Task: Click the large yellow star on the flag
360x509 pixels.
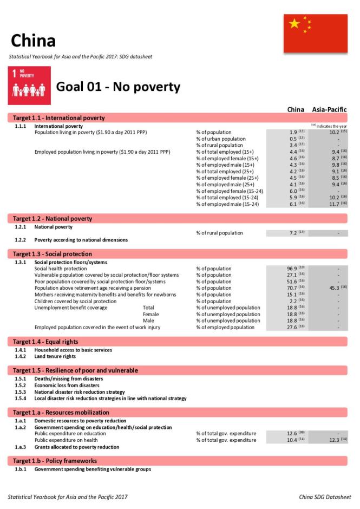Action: coord(294,24)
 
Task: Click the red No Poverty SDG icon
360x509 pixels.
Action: coord(29,86)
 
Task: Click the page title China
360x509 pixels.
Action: coord(33,41)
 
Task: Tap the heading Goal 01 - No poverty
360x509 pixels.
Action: coord(118,87)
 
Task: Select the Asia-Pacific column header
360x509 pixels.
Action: coord(329,109)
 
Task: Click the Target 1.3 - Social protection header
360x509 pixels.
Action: coord(53,254)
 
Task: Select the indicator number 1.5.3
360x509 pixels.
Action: coord(21,391)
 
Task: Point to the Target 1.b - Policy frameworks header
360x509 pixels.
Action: coord(55,461)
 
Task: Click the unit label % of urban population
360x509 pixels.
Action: coord(220,139)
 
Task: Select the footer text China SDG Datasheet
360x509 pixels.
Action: coord(324,497)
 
